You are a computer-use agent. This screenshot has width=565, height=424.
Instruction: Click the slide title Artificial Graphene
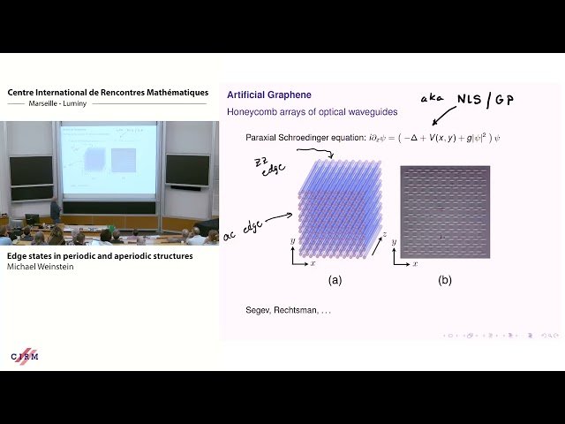pyautogui.click(x=269, y=95)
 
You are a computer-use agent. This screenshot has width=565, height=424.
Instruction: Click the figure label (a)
pyautogui.click(x=335, y=280)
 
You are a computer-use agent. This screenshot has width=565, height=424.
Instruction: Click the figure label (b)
pyautogui.click(x=444, y=280)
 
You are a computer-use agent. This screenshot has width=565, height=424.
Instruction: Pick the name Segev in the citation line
pyautogui.click(x=258, y=311)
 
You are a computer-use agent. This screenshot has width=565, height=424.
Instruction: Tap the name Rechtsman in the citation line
pyautogui.click(x=298, y=311)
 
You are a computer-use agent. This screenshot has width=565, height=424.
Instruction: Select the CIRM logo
pyautogui.click(x=25, y=355)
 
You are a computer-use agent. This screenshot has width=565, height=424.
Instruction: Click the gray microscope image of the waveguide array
pyautogui.click(x=444, y=212)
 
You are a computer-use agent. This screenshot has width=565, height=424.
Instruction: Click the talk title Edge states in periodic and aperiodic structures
pyautogui.click(x=100, y=256)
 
